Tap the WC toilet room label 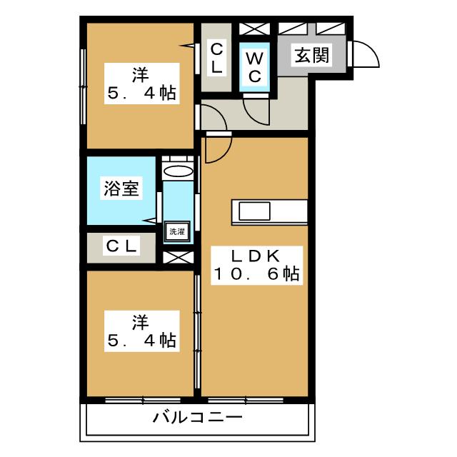pos(253,66)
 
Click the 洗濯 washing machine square pos(176,231)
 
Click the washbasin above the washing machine pos(177,171)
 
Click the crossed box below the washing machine pos(177,256)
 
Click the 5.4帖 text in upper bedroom pos(141,94)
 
